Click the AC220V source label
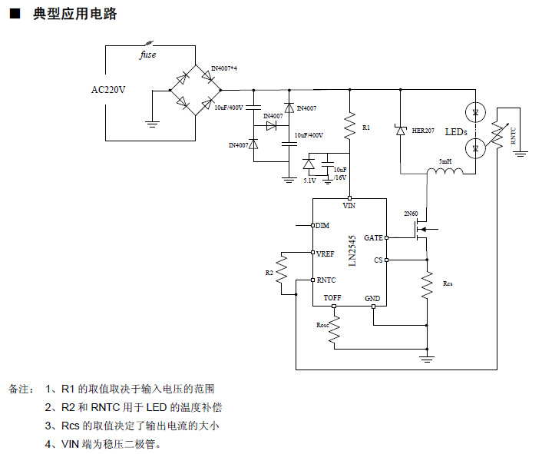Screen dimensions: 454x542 pyautogui.click(x=108, y=90)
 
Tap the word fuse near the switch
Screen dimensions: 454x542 pyautogui.click(x=147, y=55)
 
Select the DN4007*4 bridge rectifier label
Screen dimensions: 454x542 pyautogui.click(x=224, y=69)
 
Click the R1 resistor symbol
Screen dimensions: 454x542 pyautogui.click(x=349, y=126)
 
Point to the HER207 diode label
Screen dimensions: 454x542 pyautogui.click(x=423, y=131)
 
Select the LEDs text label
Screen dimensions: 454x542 pyautogui.click(x=456, y=132)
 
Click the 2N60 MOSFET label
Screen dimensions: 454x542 pyautogui.click(x=412, y=213)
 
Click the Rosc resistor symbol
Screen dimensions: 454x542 pyautogui.click(x=335, y=324)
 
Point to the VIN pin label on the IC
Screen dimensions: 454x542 pyautogui.click(x=349, y=206)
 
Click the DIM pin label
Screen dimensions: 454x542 pyautogui.click(x=322, y=225)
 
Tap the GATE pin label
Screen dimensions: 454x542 pyautogui.click(x=373, y=238)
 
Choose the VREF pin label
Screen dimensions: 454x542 pyautogui.click(x=326, y=253)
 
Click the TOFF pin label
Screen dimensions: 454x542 pyautogui.click(x=332, y=298)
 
